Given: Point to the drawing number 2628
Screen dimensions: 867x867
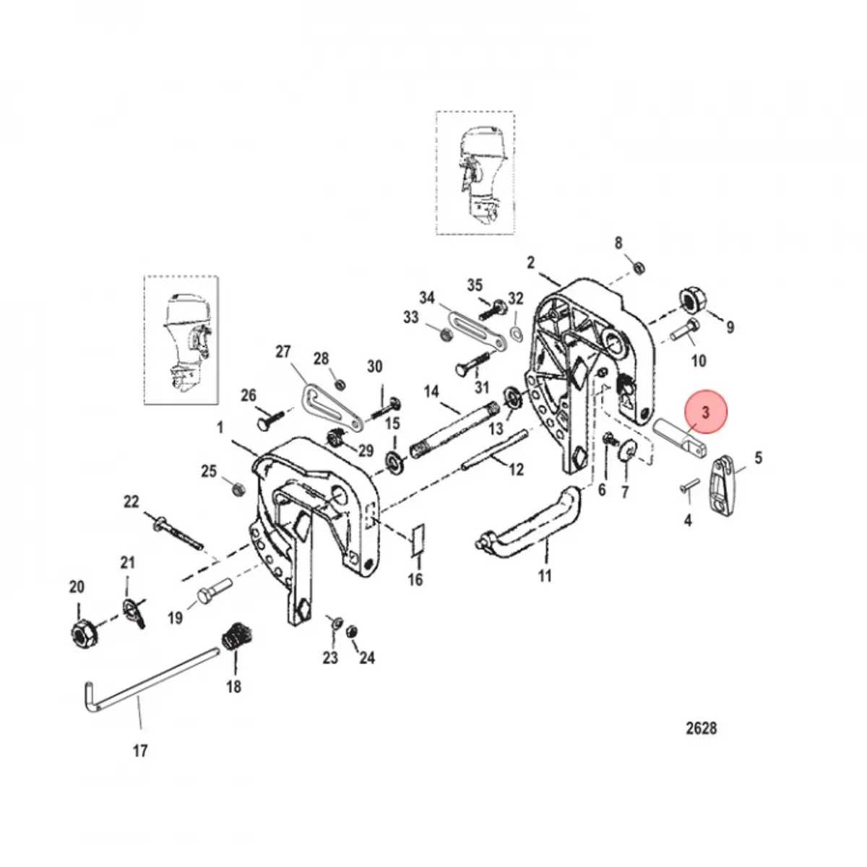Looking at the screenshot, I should [x=701, y=728].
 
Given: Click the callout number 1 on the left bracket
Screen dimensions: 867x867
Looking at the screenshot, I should [x=220, y=428].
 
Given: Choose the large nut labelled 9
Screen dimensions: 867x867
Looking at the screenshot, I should [x=692, y=298].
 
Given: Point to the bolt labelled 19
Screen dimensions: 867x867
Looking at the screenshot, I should [x=214, y=597].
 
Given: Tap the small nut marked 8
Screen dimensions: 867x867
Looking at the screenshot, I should [x=638, y=269].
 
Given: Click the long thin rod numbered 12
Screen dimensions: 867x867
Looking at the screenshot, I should [x=499, y=455].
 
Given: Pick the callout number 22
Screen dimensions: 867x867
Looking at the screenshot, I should [x=131, y=502].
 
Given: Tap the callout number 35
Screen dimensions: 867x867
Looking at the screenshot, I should [x=474, y=285].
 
